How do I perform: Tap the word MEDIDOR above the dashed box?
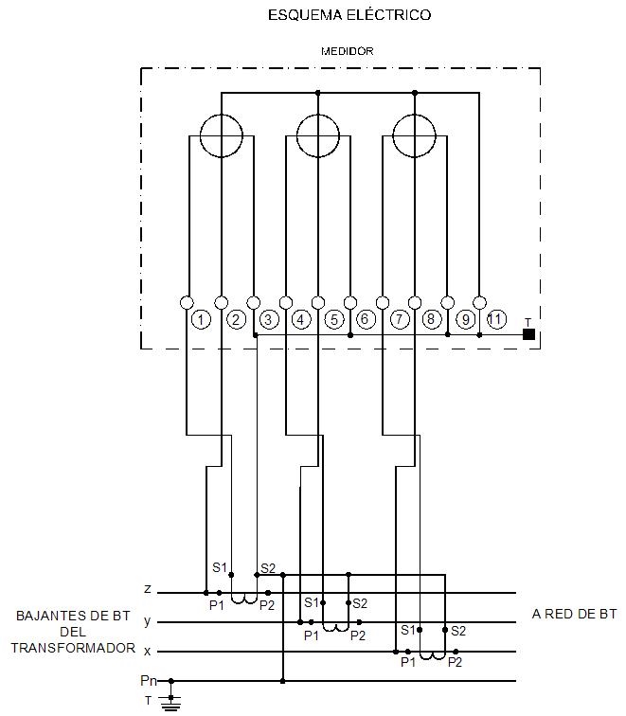(x=346, y=50)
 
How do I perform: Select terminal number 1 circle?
(x=201, y=320)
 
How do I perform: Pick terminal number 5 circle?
(x=334, y=320)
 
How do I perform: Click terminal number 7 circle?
(x=400, y=320)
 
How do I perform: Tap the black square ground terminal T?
(x=528, y=334)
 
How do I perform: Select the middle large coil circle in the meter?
(x=318, y=135)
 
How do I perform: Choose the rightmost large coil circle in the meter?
(x=415, y=135)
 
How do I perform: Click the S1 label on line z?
(x=220, y=568)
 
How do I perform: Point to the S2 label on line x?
(x=458, y=631)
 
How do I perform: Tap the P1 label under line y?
(x=312, y=635)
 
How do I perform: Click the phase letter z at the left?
(x=148, y=589)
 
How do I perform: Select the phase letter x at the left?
(x=148, y=652)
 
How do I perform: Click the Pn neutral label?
(x=148, y=681)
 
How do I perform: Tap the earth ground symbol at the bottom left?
(x=171, y=702)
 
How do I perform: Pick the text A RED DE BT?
(x=574, y=615)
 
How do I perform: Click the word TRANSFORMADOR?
(x=73, y=648)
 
